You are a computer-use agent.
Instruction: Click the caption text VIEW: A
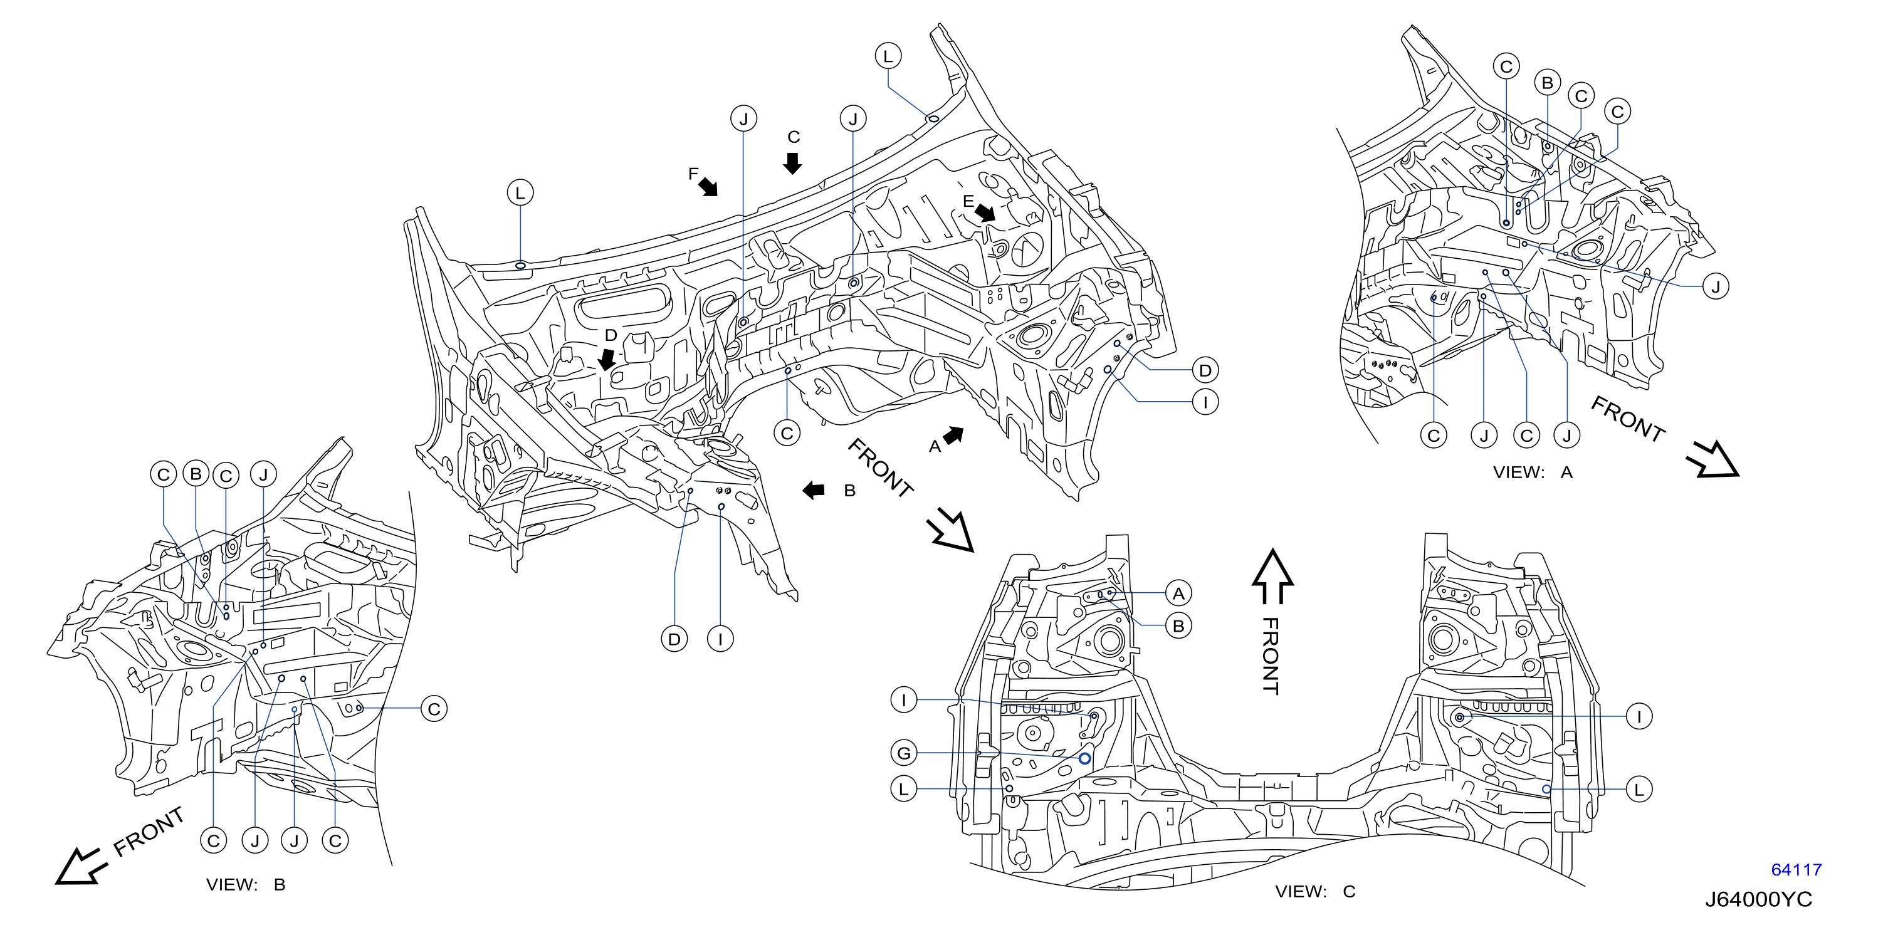(x=1533, y=473)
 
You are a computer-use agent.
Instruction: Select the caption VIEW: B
(x=246, y=884)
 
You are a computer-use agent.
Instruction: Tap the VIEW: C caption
(x=1315, y=891)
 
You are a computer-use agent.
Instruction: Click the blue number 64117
(x=1796, y=870)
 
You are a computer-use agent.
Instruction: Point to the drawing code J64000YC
(x=1758, y=899)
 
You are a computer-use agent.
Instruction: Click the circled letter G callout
(x=904, y=753)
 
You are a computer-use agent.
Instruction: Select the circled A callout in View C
(x=1178, y=593)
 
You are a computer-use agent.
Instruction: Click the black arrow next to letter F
(x=708, y=187)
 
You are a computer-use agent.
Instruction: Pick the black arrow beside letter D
(x=607, y=359)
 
